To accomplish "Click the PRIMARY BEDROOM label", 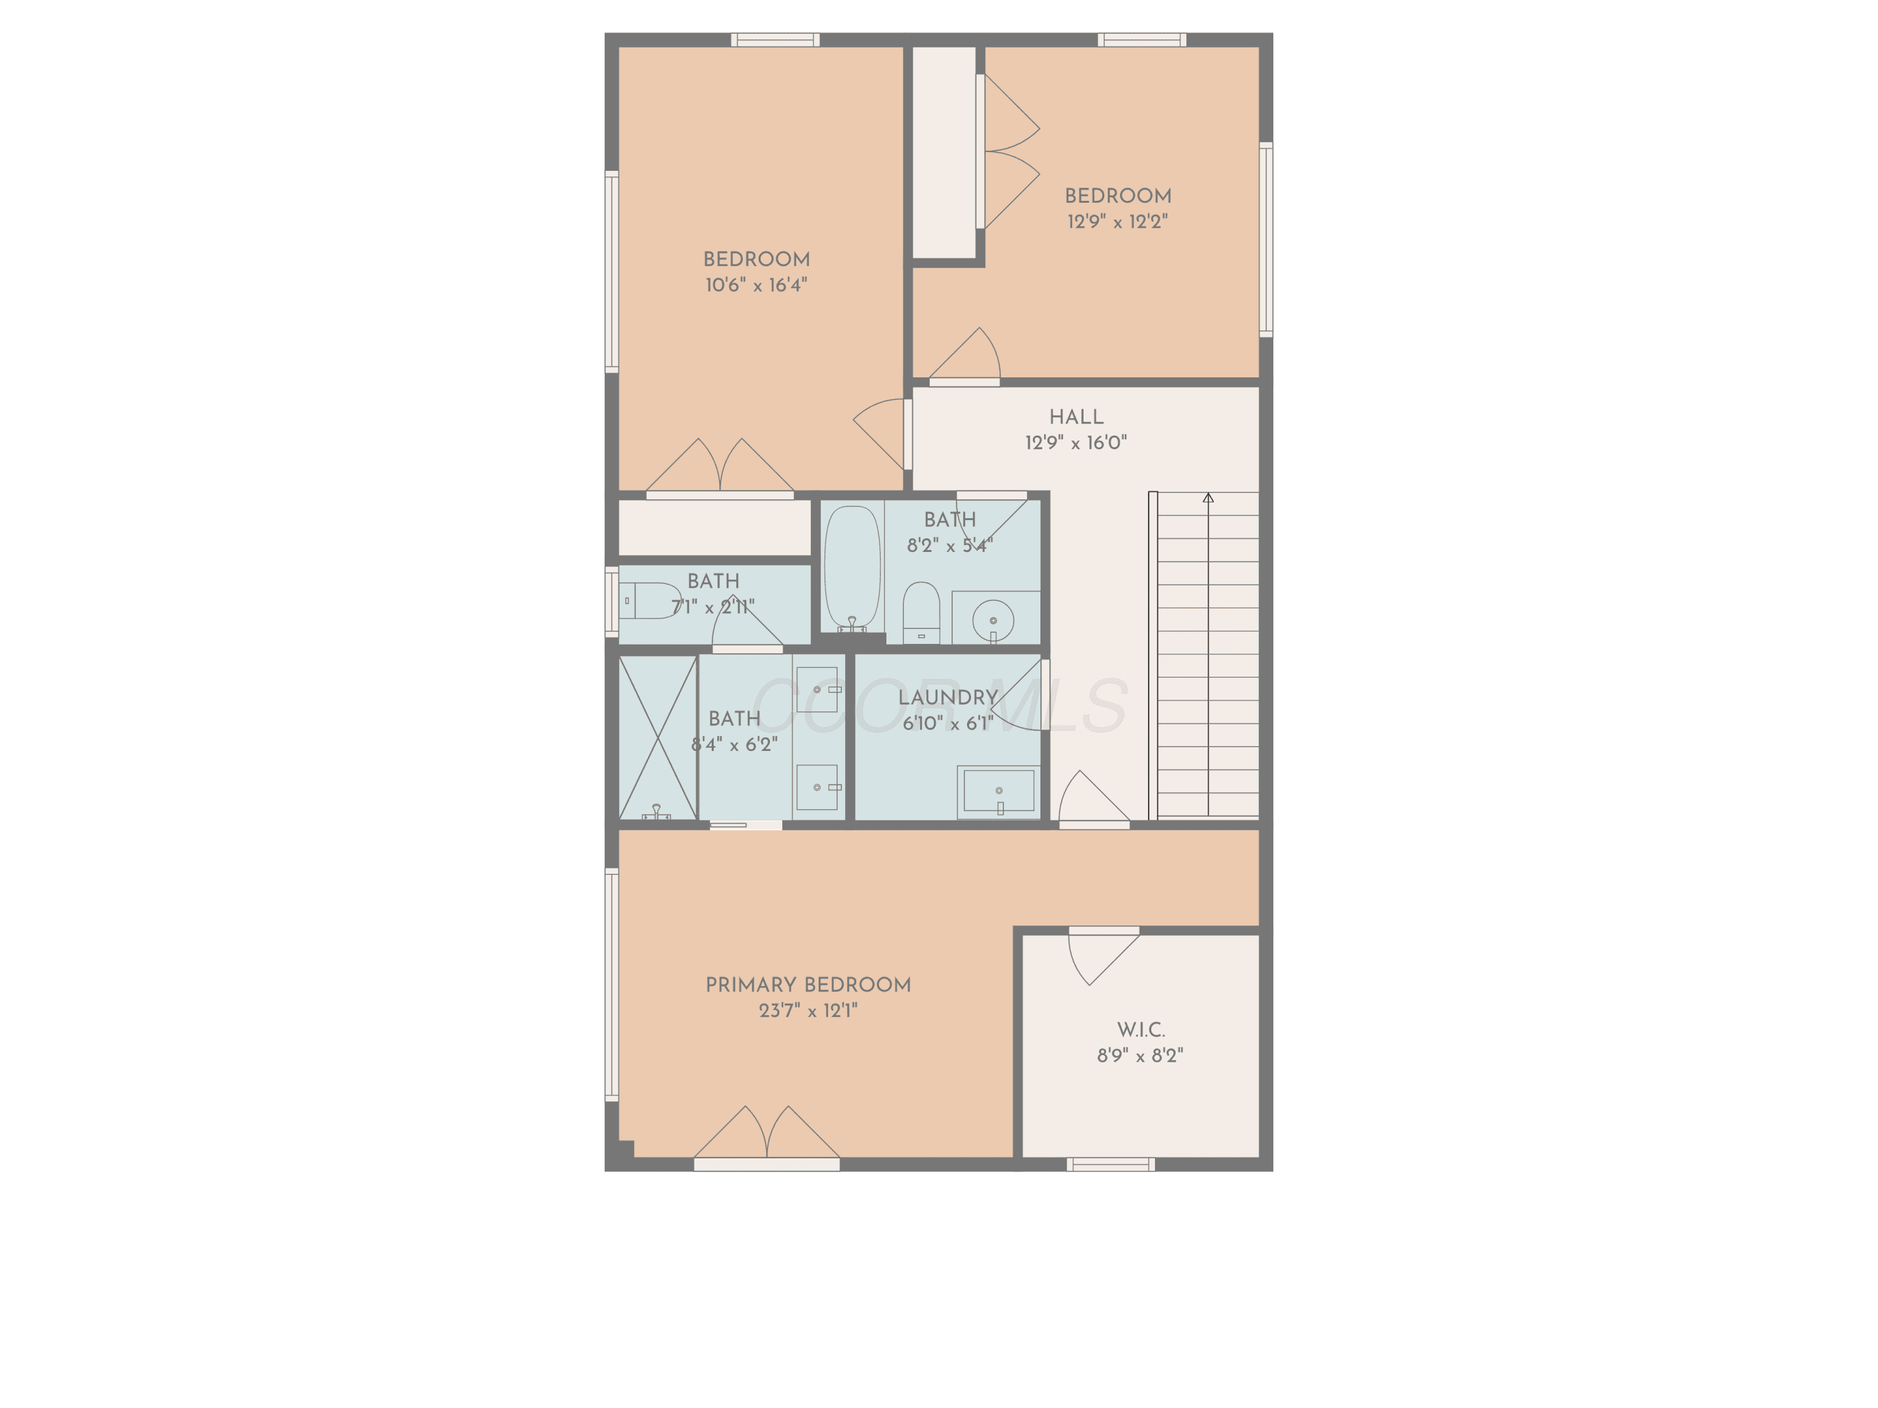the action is [808, 984].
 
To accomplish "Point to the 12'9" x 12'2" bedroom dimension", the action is [1117, 222].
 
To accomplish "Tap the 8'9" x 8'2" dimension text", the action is [1139, 1056].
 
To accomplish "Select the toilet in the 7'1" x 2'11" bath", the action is [650, 601].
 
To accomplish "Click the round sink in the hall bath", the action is [992, 620].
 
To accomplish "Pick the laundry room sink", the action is [998, 792].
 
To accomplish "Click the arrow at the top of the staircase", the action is [1208, 497].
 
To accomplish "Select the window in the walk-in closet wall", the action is [1111, 1165].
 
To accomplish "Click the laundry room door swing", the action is [1017, 695].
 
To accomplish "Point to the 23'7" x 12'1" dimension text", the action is [808, 1011].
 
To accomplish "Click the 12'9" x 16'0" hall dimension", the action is [1075, 443].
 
